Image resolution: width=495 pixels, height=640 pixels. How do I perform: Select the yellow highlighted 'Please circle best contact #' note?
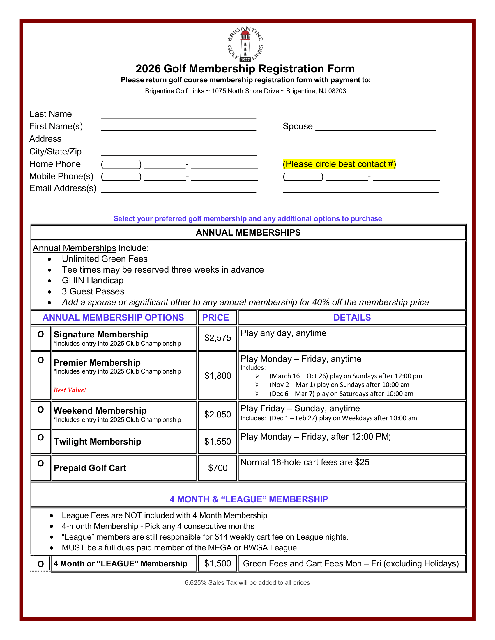(339, 164)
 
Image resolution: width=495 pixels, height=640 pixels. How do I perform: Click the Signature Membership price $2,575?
(218, 338)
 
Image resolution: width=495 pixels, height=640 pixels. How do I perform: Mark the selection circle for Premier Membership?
(41, 360)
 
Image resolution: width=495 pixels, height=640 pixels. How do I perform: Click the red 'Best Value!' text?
(70, 390)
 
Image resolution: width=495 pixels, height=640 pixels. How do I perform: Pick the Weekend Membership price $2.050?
(218, 414)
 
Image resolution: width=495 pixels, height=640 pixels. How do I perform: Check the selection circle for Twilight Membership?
(41, 438)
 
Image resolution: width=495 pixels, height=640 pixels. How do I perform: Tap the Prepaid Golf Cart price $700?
(218, 468)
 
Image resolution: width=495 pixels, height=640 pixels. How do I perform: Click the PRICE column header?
(215, 318)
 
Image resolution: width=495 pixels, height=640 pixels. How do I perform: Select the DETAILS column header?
(352, 318)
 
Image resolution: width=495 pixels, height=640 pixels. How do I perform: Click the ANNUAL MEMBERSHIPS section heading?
(248, 233)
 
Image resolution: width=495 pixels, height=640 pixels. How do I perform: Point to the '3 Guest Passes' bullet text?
(93, 291)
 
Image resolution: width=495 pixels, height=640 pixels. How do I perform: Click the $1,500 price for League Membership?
(218, 563)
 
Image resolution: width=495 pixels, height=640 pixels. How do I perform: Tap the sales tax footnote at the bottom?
(247, 583)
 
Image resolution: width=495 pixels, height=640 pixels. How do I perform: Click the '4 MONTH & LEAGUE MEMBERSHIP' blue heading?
(249, 499)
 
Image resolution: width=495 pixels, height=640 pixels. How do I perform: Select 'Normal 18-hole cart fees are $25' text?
(305, 462)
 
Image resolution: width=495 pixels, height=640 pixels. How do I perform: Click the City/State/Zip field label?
(55, 152)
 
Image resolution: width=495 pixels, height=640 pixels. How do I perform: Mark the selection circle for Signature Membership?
(41, 334)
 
